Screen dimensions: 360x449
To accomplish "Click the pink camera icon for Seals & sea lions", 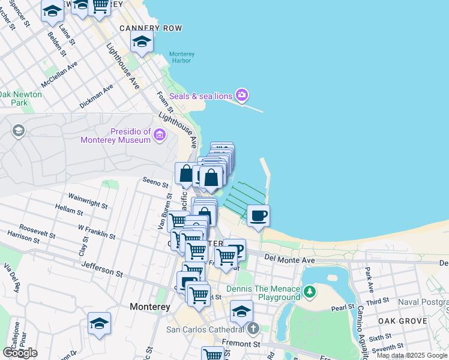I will [x=242, y=95].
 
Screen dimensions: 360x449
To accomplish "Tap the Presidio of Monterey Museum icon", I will [x=160, y=134].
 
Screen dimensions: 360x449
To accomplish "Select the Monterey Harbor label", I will [x=179, y=56].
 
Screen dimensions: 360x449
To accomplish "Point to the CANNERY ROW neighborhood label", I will [x=151, y=28].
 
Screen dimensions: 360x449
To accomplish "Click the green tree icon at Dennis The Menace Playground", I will [x=310, y=292].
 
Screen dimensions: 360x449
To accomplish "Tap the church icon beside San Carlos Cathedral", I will [x=253, y=329].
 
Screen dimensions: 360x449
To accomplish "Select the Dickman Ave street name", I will [x=97, y=96].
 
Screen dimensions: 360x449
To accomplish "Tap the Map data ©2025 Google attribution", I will [x=411, y=355].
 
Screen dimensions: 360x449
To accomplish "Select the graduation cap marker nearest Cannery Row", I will [x=142, y=41].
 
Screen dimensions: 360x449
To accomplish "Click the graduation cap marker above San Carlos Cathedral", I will [x=241, y=311].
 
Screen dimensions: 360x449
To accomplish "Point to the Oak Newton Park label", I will [x=20, y=98].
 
